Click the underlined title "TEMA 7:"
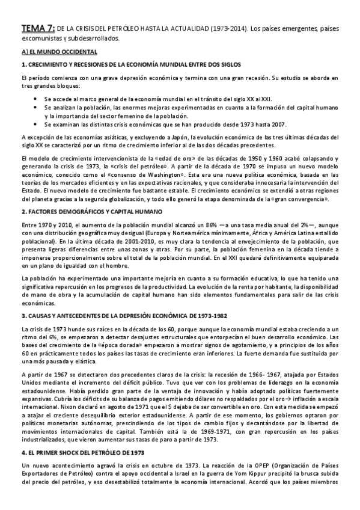tap(38, 28)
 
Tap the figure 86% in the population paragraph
tap(180, 224)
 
